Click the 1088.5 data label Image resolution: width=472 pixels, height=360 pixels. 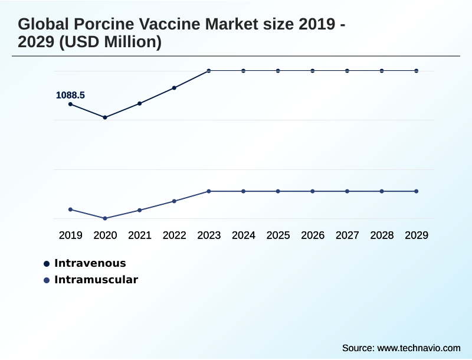click(70, 95)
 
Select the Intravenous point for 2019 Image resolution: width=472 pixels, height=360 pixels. click(71, 104)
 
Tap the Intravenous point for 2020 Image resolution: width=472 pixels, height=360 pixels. click(105, 117)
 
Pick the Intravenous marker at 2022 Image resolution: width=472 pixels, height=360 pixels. click(174, 88)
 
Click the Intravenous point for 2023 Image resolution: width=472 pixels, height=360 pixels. click(209, 71)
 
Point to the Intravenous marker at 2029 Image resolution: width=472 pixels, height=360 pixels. click(417, 71)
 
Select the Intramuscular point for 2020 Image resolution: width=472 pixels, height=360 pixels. click(105, 218)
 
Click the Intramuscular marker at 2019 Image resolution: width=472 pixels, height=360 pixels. click(71, 210)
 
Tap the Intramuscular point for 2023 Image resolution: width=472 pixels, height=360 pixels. click(209, 191)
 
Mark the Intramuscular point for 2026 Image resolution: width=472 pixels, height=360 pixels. click(313, 191)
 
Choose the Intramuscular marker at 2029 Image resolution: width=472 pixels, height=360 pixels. click(417, 191)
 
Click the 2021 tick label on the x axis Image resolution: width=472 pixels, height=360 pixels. click(140, 235)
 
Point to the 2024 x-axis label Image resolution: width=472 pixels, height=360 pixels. click(243, 235)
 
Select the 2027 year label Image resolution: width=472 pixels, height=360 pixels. click(347, 235)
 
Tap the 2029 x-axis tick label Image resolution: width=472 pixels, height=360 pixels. click(417, 235)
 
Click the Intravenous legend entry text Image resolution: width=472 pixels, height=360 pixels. click(90, 263)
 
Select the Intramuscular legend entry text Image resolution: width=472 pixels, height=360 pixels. click(96, 280)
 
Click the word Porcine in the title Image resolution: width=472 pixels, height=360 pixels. click(101, 25)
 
